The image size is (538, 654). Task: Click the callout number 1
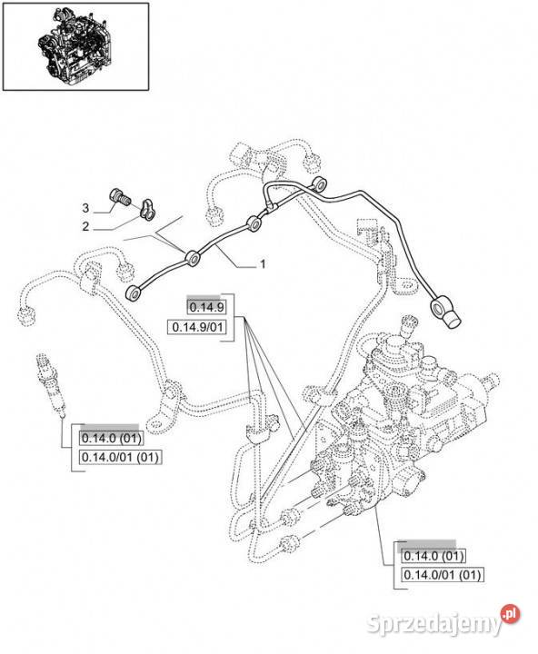(x=263, y=264)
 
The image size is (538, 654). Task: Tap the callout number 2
(x=85, y=226)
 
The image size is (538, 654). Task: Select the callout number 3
(x=85, y=208)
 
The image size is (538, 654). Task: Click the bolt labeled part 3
(x=120, y=198)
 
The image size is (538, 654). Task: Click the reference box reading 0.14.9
(x=206, y=307)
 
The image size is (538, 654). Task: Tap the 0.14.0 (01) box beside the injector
(x=112, y=438)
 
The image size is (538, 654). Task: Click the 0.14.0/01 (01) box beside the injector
(x=121, y=457)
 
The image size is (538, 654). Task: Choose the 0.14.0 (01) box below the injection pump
(x=433, y=556)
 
